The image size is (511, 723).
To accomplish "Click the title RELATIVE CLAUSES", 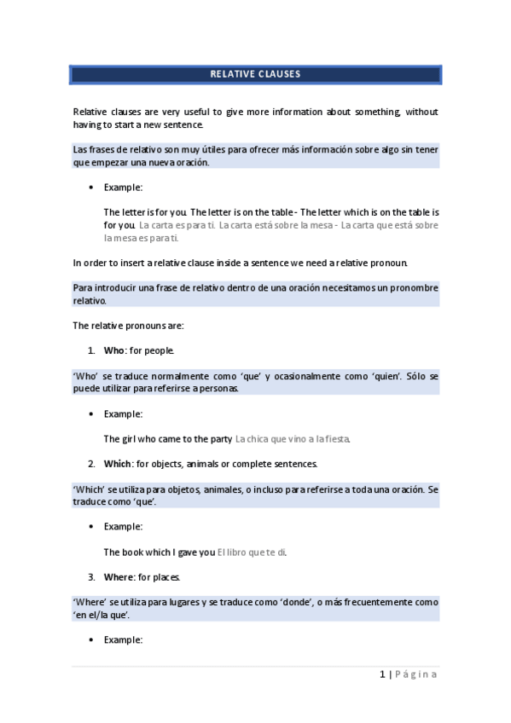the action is coord(255,74).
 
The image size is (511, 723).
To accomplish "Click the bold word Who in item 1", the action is coord(113,350).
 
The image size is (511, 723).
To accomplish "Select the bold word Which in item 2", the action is coord(118,464).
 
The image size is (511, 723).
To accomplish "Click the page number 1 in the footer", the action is coord(383,674).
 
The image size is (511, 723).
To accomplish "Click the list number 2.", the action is coord(90,464).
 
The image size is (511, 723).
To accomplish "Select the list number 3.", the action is coord(90,577).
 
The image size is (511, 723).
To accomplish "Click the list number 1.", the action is coord(90,350).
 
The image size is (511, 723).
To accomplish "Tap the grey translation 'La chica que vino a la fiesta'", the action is coord(293,439).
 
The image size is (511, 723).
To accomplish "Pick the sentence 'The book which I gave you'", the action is coord(160,552).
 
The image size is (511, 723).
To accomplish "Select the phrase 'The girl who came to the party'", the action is coord(168,439).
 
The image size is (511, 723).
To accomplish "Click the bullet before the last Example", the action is coord(90,639).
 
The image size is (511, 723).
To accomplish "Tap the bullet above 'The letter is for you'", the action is coord(90,187).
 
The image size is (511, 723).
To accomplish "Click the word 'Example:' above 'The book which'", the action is coord(123,527).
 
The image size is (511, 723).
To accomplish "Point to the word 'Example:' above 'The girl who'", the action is coord(123,414).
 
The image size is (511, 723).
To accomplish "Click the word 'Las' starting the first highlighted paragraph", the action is coord(81,149).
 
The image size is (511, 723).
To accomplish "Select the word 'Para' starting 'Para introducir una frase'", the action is coord(84,287).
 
